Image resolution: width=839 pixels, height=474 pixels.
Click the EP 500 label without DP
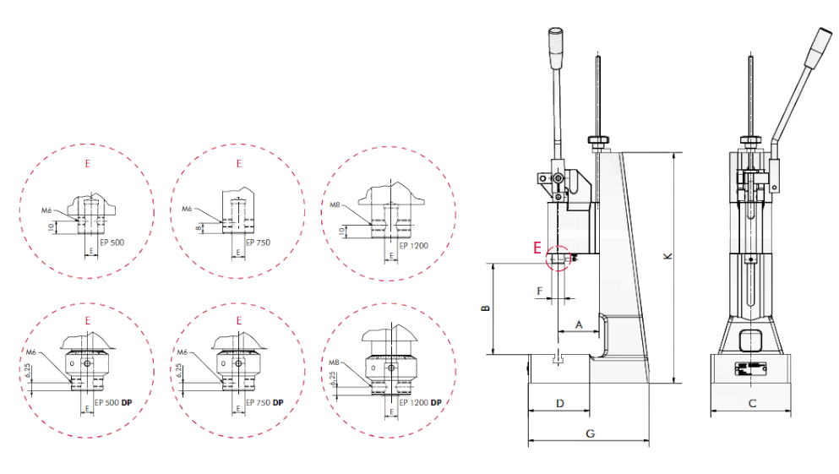(112, 242)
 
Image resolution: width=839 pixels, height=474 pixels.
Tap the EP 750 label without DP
(258, 242)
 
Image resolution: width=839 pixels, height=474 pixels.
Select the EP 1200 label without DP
(414, 246)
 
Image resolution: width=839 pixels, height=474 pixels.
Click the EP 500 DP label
(113, 402)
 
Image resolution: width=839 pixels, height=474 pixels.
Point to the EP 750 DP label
(264, 402)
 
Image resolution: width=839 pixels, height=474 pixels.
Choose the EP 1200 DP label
(421, 402)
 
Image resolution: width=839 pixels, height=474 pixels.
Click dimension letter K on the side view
(667, 256)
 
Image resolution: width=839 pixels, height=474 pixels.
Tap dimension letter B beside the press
(486, 308)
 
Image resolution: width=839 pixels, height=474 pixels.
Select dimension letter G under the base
(591, 433)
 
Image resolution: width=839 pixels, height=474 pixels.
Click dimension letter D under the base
(560, 403)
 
